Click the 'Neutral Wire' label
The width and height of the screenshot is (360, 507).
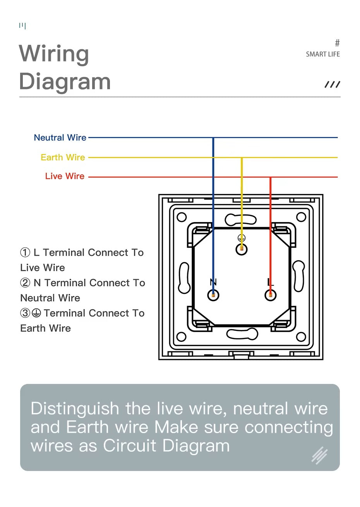(x=60, y=138)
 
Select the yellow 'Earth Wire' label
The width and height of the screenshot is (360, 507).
(x=63, y=158)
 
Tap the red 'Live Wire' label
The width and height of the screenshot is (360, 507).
(x=65, y=176)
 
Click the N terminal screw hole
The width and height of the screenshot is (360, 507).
(x=213, y=295)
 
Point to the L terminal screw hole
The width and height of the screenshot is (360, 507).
(x=271, y=295)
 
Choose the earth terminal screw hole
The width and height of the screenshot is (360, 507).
(x=242, y=249)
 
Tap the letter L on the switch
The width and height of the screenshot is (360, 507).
(x=270, y=282)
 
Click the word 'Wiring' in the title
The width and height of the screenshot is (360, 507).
(x=54, y=54)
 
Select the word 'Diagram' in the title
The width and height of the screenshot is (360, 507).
(x=65, y=82)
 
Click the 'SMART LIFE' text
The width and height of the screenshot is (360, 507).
(x=322, y=54)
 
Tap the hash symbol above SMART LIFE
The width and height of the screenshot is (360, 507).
(x=337, y=43)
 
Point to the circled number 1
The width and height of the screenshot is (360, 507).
(x=25, y=253)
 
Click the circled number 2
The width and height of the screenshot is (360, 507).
(x=25, y=283)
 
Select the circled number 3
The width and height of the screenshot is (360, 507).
(x=25, y=313)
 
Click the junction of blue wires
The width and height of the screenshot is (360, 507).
(x=213, y=137)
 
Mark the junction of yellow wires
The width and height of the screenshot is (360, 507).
(x=242, y=158)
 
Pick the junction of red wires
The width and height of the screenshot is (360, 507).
(x=270, y=177)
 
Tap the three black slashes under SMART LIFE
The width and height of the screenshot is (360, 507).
(x=332, y=85)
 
